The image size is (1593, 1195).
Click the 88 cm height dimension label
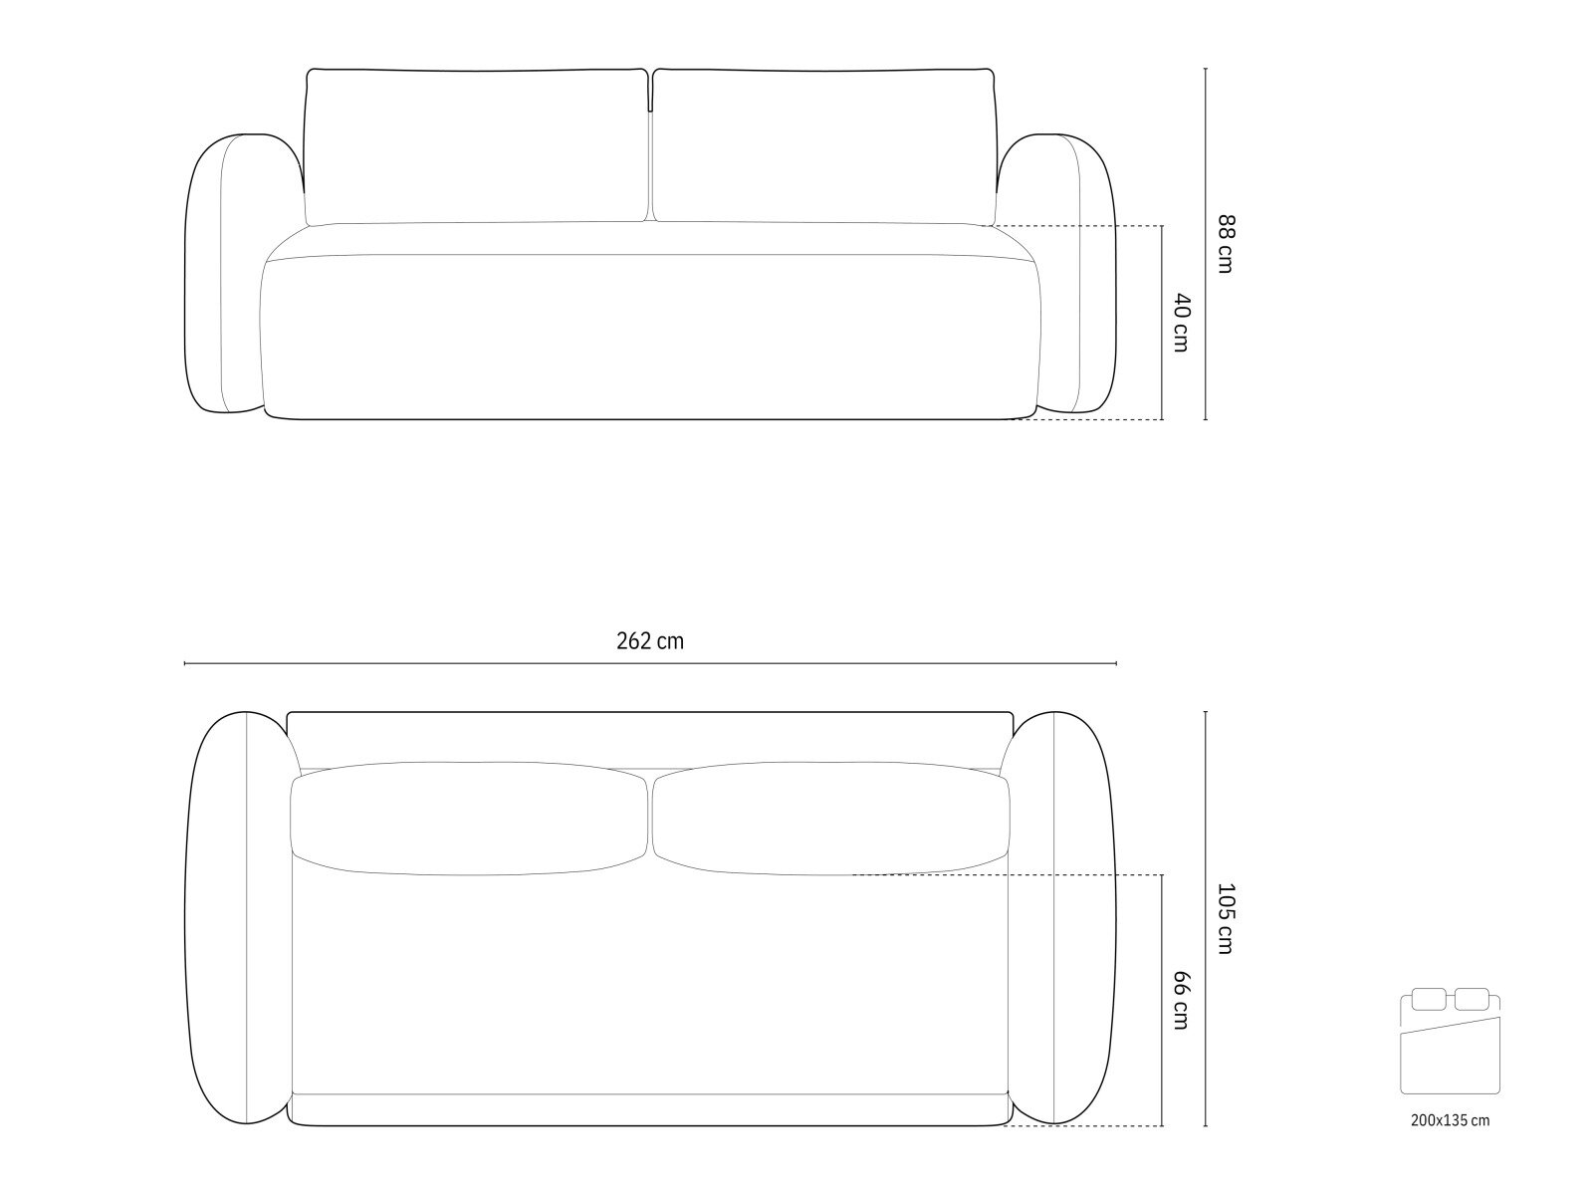(1225, 244)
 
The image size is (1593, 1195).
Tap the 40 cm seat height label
(1182, 323)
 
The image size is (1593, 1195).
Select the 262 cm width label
(650, 641)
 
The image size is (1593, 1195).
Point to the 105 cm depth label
(1225, 918)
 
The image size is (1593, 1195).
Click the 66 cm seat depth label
(1182, 1000)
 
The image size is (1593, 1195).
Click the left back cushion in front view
(477, 146)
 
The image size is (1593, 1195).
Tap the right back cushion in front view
(823, 146)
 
